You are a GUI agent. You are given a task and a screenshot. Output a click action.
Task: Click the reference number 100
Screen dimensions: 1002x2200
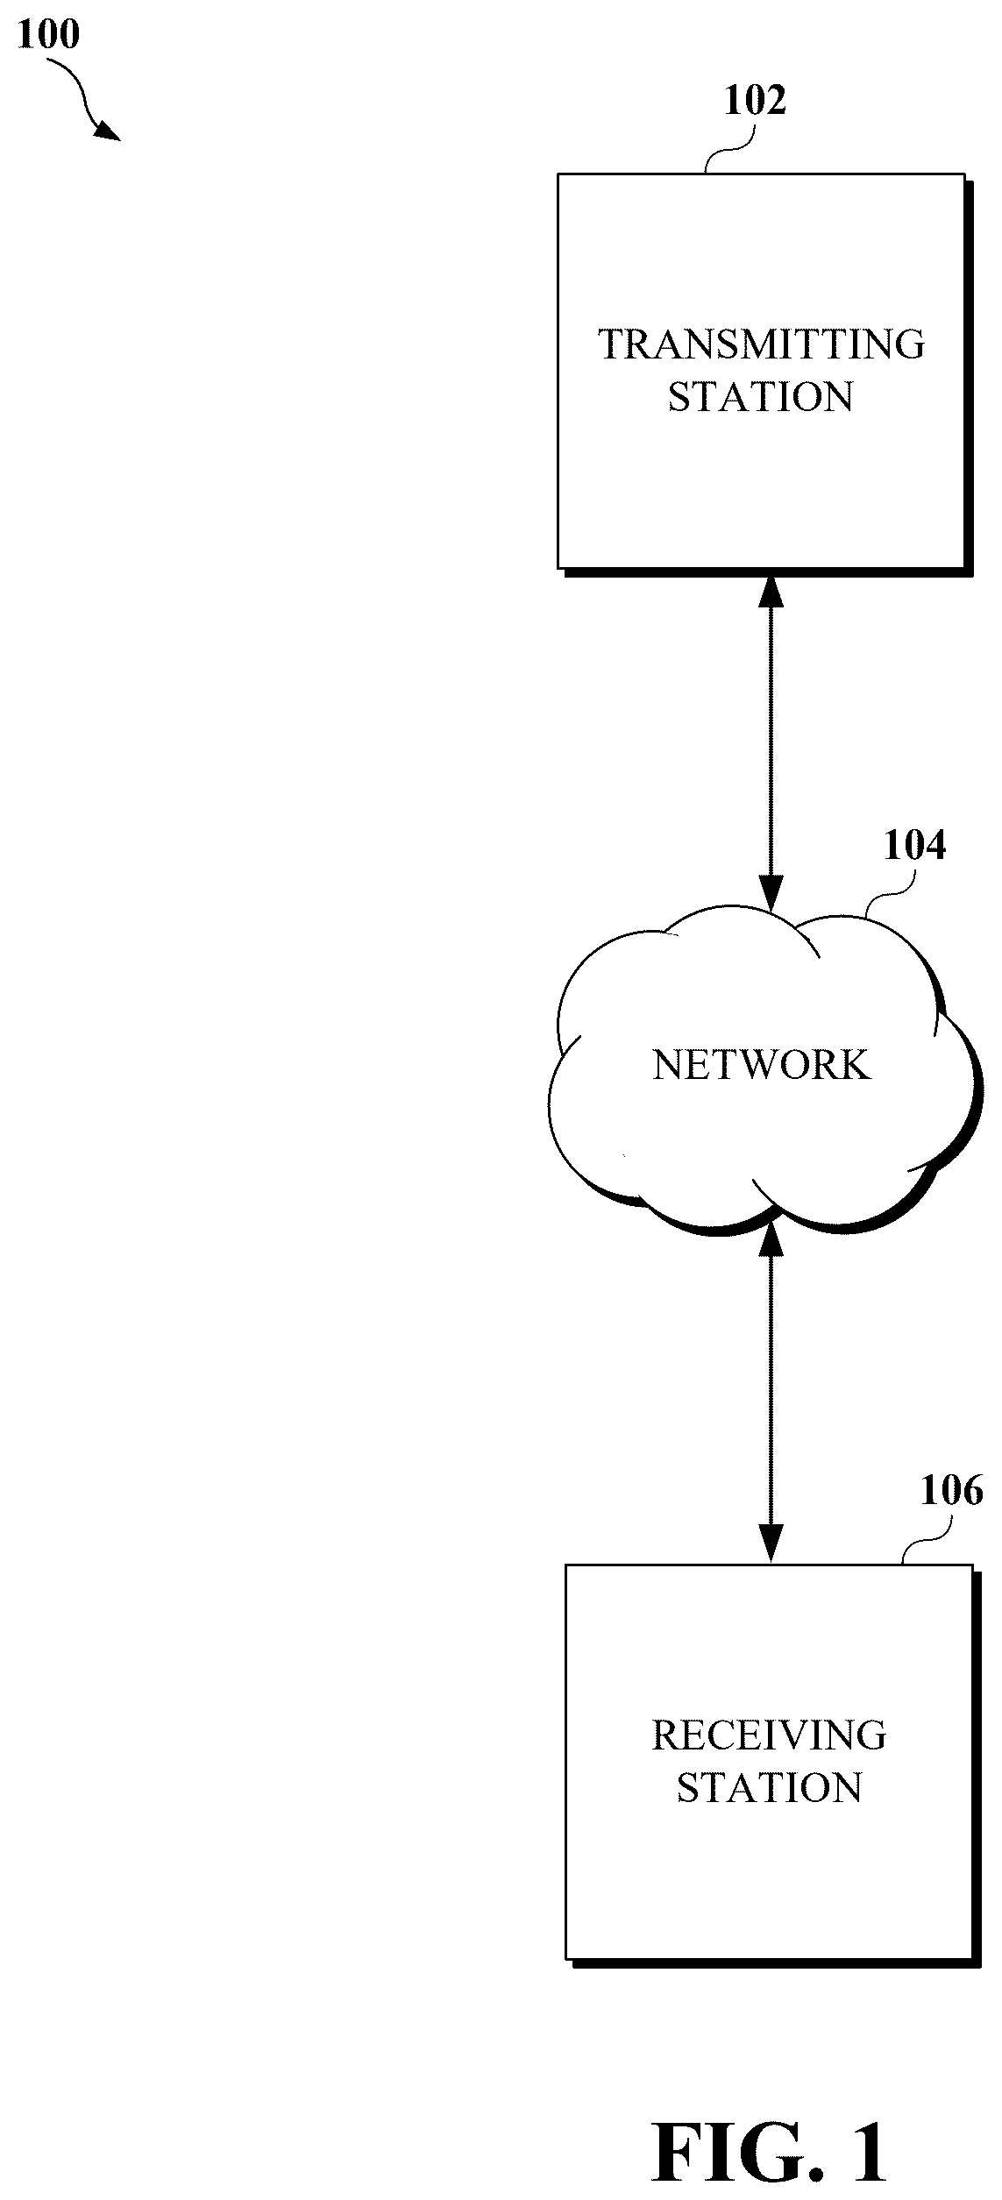click(48, 34)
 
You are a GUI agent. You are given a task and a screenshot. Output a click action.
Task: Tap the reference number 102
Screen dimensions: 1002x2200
click(755, 101)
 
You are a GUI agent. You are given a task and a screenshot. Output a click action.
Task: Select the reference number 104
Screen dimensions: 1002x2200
click(915, 845)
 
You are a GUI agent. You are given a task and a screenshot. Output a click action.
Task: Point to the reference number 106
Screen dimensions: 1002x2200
click(952, 1490)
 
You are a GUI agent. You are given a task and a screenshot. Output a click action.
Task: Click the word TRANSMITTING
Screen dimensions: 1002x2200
click(761, 344)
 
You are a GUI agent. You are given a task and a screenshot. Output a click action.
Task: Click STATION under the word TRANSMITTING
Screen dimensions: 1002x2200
click(761, 397)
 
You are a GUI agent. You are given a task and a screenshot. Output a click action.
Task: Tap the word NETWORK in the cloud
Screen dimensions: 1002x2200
click(762, 1065)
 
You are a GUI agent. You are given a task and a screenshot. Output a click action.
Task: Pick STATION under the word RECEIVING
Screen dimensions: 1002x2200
click(769, 1788)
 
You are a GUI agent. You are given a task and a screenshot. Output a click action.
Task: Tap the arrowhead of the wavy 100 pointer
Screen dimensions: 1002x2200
click(109, 131)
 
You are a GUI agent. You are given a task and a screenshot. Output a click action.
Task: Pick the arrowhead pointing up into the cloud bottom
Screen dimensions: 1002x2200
click(771, 1238)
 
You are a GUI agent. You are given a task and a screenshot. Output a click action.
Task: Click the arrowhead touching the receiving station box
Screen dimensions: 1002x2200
click(771, 1543)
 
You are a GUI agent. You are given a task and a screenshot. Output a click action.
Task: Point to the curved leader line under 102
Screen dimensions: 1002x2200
click(729, 149)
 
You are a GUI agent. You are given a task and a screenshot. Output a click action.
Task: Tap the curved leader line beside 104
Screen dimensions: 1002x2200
click(889, 903)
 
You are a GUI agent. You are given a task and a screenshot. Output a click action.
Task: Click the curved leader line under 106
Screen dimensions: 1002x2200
click(927, 1542)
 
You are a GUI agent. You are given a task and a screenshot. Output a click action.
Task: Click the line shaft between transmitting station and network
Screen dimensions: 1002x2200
click(771, 742)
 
